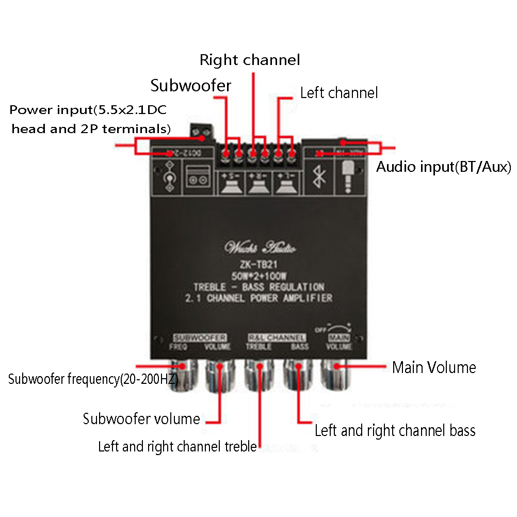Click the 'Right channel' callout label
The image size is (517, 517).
[250, 60]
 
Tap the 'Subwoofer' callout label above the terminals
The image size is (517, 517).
[191, 86]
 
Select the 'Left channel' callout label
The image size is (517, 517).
[339, 93]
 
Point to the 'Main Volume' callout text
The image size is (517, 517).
[434, 367]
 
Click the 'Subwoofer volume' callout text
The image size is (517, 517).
[141, 418]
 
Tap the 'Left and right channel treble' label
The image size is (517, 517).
[177, 446]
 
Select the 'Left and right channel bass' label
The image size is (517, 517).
[395, 430]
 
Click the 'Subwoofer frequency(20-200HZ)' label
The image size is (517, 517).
[93, 379]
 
